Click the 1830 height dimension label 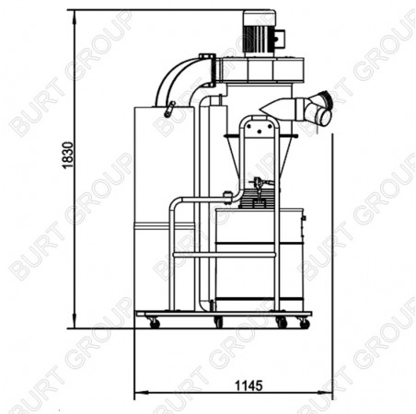click(x=68, y=155)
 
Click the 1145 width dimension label click(x=248, y=385)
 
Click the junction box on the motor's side click(x=280, y=39)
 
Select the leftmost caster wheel click(x=155, y=323)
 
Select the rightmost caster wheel click(x=304, y=323)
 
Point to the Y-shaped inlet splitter click(x=319, y=109)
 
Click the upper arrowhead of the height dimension click(x=75, y=17)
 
